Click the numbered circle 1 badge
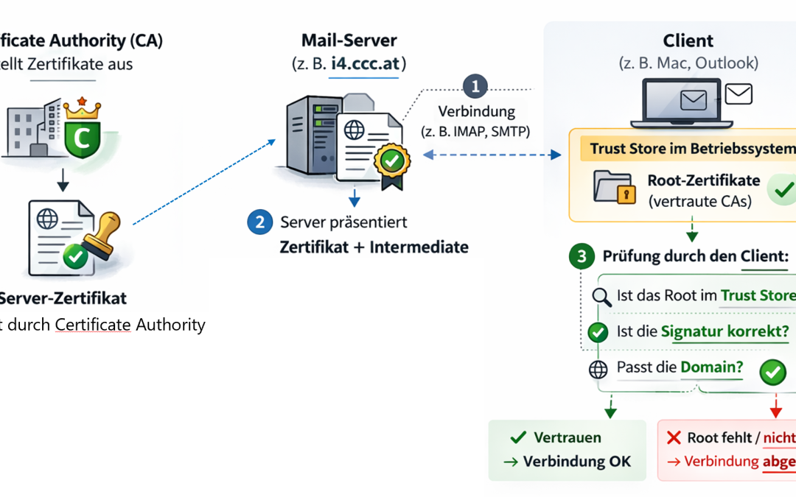475,86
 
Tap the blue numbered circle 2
259,222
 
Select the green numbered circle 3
582,257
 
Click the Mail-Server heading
349,40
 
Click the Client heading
688,40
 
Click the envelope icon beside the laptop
738,94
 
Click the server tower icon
302,140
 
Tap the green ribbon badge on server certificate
391,163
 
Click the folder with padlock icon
613,188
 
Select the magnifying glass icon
601,296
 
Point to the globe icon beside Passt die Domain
598,369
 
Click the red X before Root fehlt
673,438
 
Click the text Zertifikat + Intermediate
374,247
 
